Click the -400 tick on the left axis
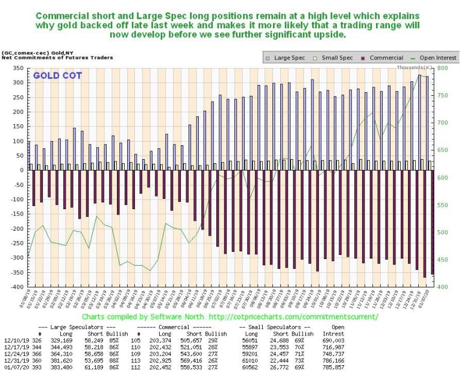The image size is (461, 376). tap(16, 287)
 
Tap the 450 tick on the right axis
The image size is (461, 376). tap(442, 260)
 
